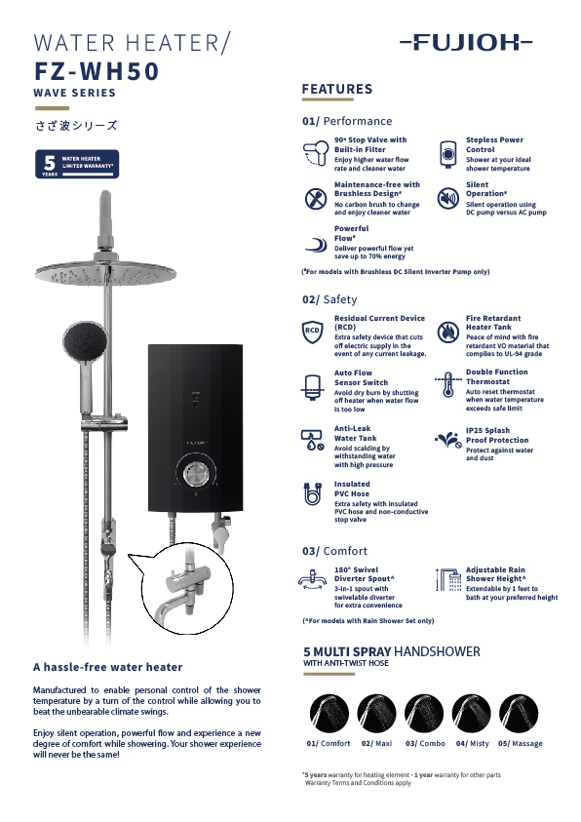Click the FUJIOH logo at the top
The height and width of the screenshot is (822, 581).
[466, 42]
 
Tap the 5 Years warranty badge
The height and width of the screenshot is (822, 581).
[77, 164]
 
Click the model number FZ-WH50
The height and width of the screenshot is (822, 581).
[97, 71]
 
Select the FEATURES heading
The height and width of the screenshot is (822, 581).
[337, 89]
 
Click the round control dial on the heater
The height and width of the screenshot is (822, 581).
[195, 474]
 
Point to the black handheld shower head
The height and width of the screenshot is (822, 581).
[86, 341]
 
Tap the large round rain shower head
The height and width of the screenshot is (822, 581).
[106, 273]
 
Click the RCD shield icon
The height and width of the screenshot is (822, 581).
[312, 332]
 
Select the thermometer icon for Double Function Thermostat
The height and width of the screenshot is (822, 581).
[447, 384]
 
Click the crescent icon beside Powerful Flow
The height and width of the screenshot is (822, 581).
[316, 245]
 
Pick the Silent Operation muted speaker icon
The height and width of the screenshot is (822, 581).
[447, 198]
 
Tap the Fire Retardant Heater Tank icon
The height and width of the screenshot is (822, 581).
[447, 333]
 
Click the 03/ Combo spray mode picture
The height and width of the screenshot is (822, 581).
[424, 713]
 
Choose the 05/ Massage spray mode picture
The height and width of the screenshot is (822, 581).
[519, 713]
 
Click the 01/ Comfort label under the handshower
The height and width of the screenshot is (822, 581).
[329, 743]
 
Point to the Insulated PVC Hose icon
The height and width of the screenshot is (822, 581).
[312, 494]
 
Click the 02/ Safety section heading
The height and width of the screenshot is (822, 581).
[329, 299]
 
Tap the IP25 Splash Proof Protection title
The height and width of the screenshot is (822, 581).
[497, 435]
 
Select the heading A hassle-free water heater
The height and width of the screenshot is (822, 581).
[108, 667]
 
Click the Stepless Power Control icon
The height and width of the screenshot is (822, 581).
[447, 154]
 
